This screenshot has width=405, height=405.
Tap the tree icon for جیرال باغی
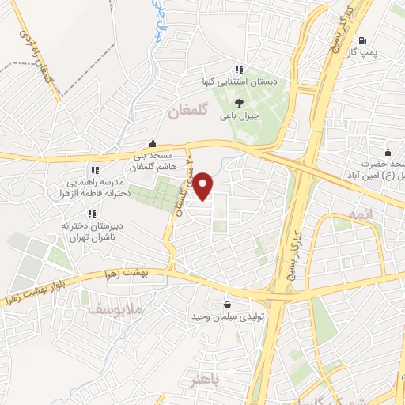point(240,101)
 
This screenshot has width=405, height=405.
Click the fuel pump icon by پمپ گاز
point(361,40)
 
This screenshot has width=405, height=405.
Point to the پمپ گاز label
point(365,53)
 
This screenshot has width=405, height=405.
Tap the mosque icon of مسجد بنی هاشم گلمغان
point(152,144)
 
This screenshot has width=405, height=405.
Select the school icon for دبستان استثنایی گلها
point(238,70)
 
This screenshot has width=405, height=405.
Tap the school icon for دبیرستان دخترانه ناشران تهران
point(93,213)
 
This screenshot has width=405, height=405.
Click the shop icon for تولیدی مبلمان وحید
point(228,305)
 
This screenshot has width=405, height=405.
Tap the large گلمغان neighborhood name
point(187,113)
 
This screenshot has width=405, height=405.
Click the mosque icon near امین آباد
point(388,152)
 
